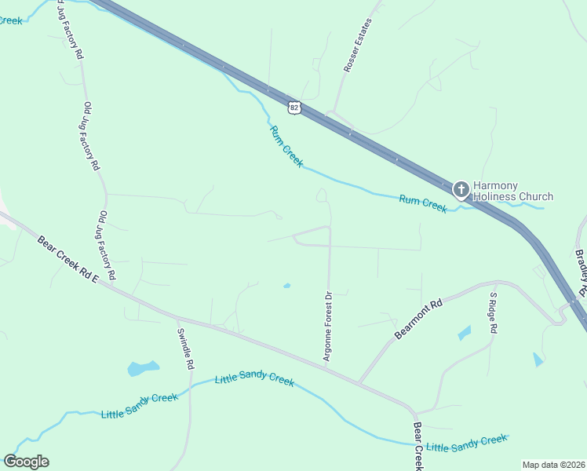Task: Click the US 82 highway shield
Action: coord(293,107)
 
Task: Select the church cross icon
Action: coord(461,188)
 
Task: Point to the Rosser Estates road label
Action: coord(357,46)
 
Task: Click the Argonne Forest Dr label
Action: coord(329,326)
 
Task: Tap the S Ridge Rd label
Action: coord(493,314)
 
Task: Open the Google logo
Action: coord(26,461)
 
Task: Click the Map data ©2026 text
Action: coord(553,465)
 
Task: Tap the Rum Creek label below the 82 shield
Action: coord(286,146)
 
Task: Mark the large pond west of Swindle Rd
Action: coord(143,367)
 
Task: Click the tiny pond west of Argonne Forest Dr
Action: coord(286,286)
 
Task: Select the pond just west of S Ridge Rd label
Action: coord(464,333)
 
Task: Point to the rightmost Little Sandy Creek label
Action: coord(467,444)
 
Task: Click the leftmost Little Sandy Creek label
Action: coord(140,405)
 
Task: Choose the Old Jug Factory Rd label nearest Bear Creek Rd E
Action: coord(108,246)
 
